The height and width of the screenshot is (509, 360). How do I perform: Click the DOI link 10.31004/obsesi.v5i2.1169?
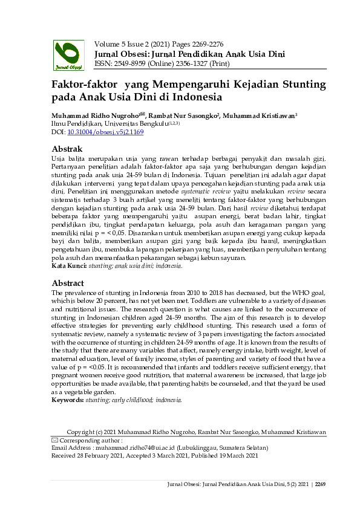[x=105, y=131]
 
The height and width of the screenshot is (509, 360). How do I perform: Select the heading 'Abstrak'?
[x=67, y=149]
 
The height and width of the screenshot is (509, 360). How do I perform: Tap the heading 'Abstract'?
[x=68, y=283]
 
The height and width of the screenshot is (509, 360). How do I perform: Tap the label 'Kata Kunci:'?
[x=68, y=265]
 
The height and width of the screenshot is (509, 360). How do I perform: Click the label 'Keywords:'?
[x=68, y=400]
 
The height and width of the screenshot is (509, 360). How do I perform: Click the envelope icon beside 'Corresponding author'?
[x=54, y=441]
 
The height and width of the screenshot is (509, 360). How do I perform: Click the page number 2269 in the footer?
[x=320, y=484]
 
